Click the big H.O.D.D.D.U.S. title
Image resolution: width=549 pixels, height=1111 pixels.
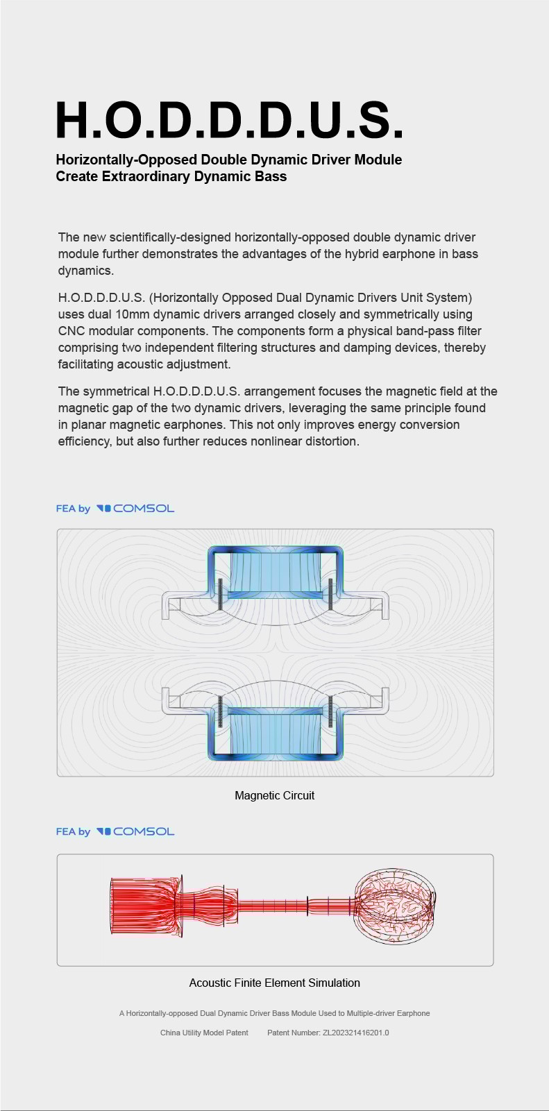coord(230,119)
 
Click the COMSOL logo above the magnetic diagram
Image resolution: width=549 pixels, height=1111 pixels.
coord(135,509)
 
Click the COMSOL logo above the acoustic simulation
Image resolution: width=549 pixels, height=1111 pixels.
coord(135,832)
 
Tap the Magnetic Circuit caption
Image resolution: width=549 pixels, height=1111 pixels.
coord(275,795)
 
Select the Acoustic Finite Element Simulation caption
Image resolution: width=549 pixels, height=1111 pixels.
coord(275,983)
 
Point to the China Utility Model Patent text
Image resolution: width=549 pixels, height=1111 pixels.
coord(204,1033)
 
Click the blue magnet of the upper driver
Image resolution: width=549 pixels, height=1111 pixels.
coord(276,570)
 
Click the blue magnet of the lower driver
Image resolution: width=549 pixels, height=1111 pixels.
coord(276,735)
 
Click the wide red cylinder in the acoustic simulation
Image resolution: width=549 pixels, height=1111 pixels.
coord(145,906)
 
